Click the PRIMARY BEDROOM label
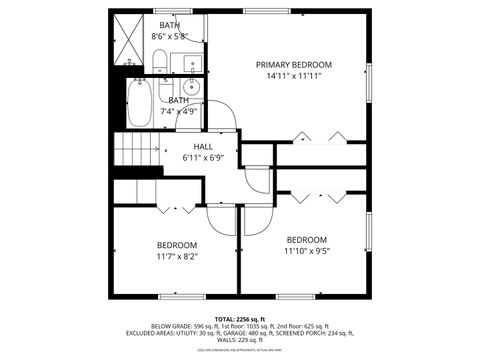(293, 64)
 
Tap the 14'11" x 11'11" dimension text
(293, 76)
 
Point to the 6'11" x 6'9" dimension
(203, 157)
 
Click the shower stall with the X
(126, 38)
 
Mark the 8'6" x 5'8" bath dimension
(170, 36)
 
